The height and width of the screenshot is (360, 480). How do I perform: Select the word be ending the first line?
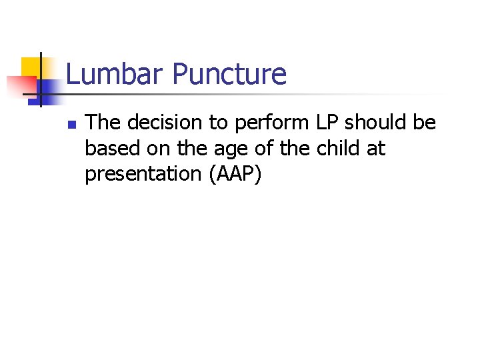click(x=425, y=123)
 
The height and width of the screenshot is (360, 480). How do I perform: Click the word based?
click(x=110, y=148)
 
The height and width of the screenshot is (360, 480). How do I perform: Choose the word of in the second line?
click(x=250, y=148)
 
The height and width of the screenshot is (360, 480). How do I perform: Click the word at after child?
click(x=376, y=148)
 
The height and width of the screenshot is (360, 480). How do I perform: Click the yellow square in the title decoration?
click(x=31, y=67)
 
